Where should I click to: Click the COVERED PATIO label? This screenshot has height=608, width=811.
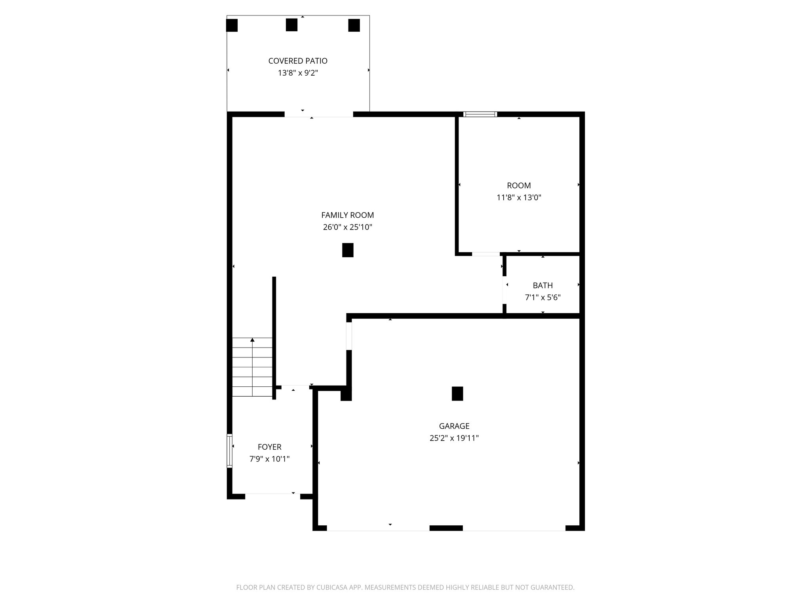pos(298,61)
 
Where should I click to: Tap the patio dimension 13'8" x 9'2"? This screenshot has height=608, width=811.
pos(298,73)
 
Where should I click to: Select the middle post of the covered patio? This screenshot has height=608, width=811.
pos(291,25)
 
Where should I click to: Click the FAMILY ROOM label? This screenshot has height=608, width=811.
pos(347,215)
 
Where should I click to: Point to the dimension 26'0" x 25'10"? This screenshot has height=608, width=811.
pos(347,228)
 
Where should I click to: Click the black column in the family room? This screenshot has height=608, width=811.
pos(348,250)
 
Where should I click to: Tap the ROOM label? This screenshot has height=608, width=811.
pos(519,186)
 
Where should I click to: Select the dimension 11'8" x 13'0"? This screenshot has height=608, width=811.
pos(519,198)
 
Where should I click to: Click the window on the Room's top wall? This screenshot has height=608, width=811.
pos(480,114)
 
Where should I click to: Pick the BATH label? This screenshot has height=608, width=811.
pos(543,285)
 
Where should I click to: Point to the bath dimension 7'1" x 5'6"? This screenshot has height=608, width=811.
pos(543,298)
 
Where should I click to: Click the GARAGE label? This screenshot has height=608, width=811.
pos(454,426)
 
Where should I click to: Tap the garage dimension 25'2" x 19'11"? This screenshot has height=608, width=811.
pos(454,438)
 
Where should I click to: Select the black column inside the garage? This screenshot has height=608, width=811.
pos(457,393)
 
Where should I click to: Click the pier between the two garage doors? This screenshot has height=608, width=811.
pos(446,528)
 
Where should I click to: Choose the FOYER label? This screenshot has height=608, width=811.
pos(269,447)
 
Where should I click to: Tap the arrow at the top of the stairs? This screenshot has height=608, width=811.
pos(252,340)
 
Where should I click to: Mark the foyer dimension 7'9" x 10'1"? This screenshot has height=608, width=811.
pos(269,459)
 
